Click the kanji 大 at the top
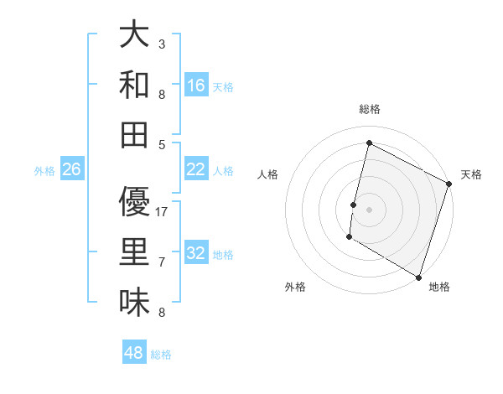point(134,34)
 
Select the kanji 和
point(134,85)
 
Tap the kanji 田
point(134,134)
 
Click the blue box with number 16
point(196,85)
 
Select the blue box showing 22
point(196,168)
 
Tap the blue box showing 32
point(196,252)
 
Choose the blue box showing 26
point(72,168)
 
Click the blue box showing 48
point(134,353)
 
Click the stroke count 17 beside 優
point(163,211)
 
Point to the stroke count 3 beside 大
point(162,44)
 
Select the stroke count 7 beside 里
point(162,262)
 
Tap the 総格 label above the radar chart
point(370,109)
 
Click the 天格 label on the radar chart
point(471,174)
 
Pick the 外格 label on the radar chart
point(295,287)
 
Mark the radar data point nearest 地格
point(418,276)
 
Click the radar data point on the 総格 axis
point(369,143)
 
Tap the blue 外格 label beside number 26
point(44,170)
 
